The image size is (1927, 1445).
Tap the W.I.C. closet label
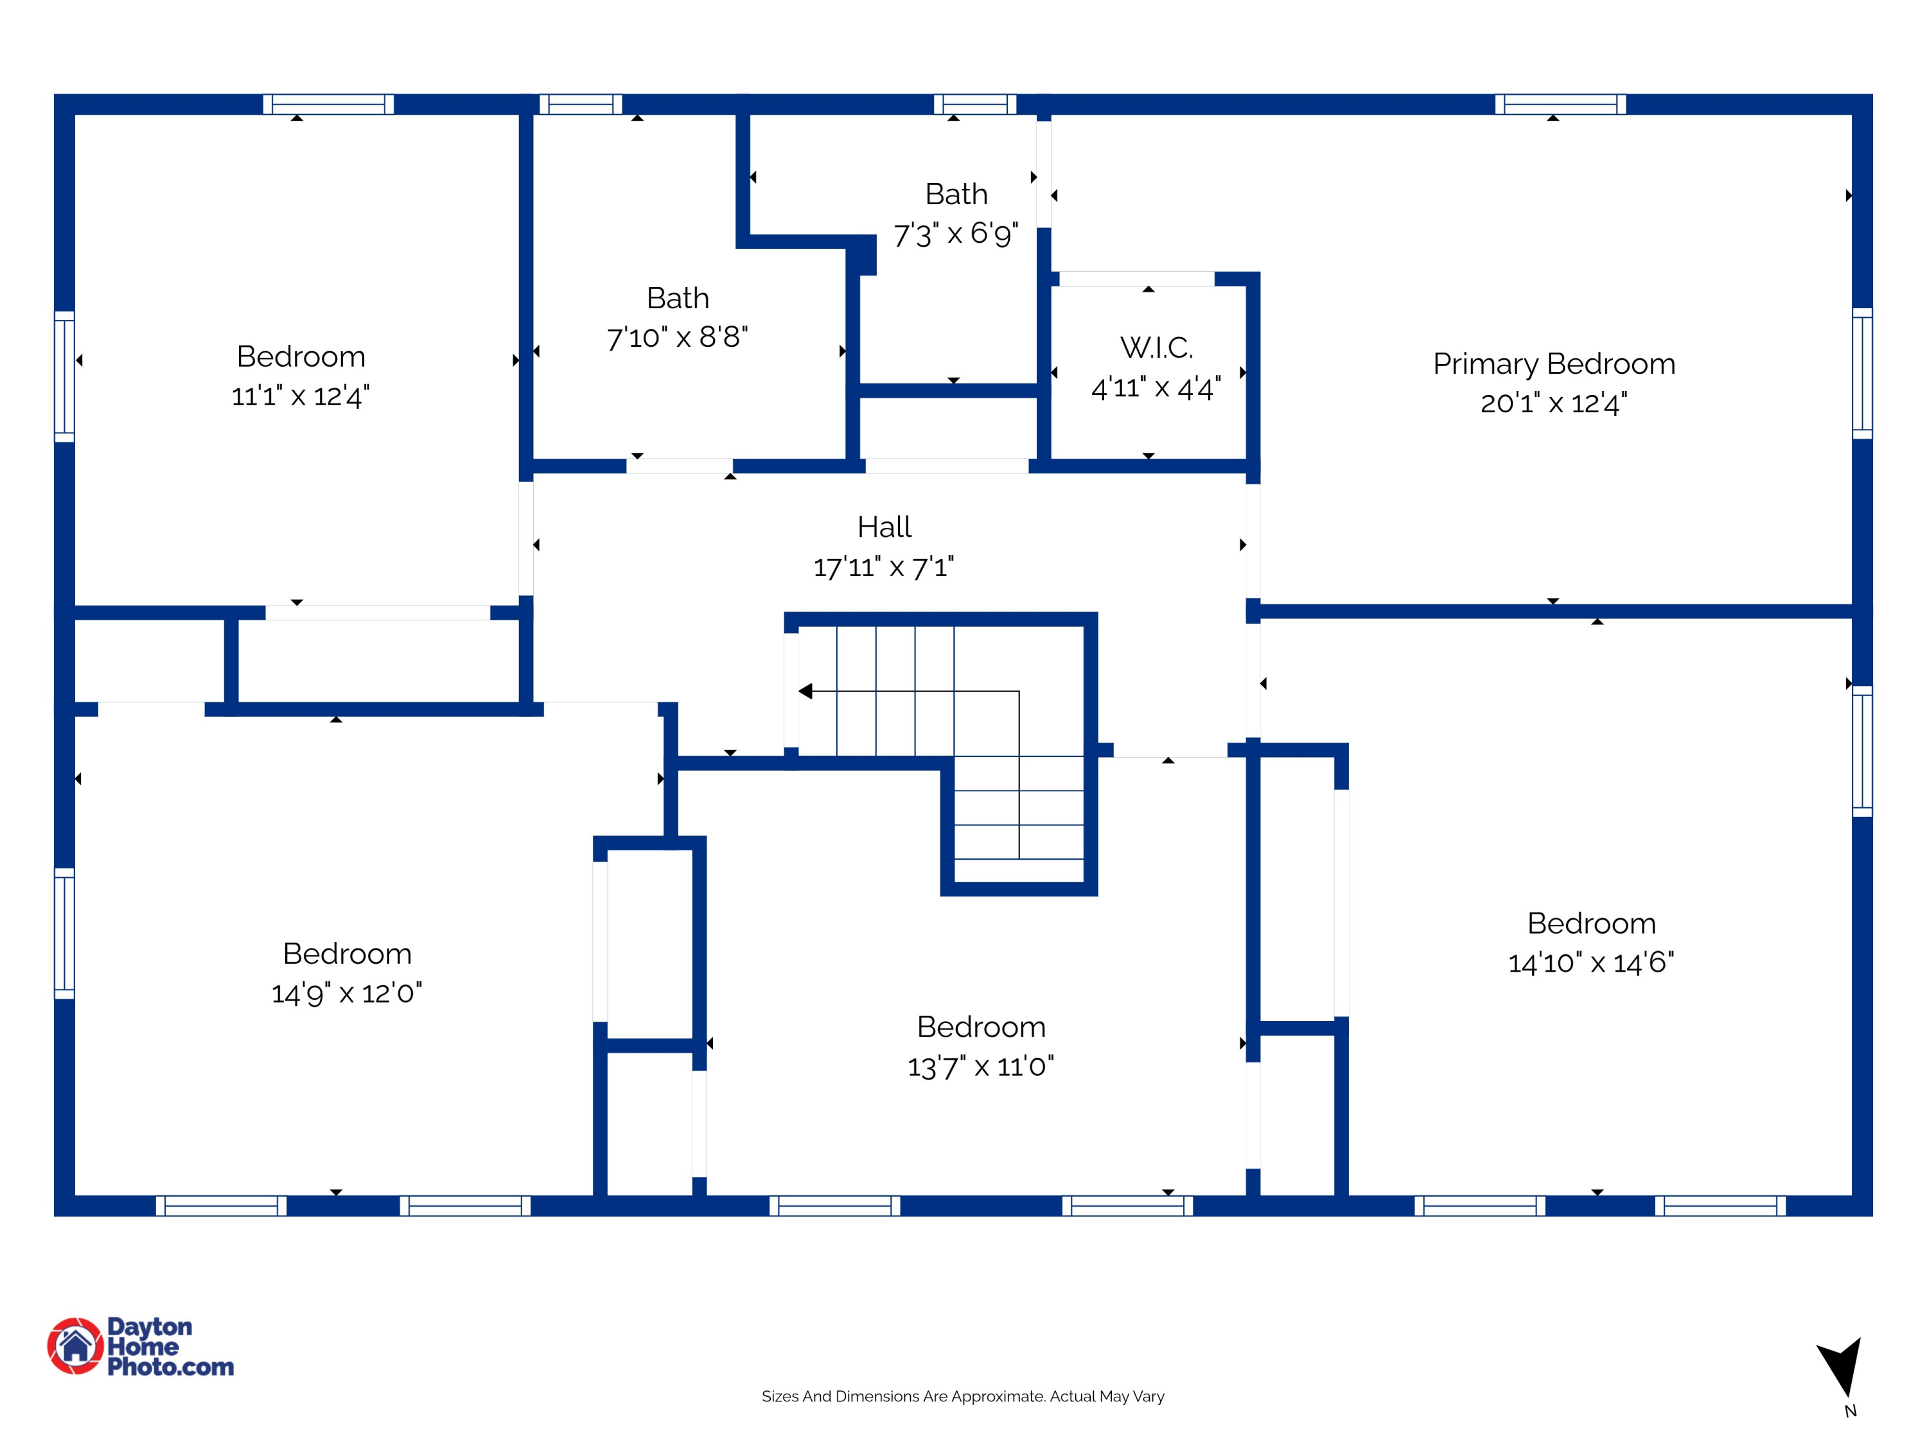coord(1156,347)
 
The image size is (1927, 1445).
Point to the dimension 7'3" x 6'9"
coord(956,233)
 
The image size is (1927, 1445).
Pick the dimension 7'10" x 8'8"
coord(677,337)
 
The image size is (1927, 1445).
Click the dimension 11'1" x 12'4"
coord(301,396)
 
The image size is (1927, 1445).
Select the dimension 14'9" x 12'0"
coord(347,992)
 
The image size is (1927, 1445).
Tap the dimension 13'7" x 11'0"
coord(980,1065)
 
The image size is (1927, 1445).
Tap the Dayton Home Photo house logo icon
coord(75,1345)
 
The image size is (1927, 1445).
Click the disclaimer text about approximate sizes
coord(963,1396)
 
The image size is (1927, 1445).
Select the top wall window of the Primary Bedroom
coord(1560,105)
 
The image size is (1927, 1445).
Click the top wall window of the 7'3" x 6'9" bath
coord(975,105)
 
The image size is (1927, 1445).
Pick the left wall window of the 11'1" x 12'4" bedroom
coord(64,376)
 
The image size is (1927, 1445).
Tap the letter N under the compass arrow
coord(1851,1411)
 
